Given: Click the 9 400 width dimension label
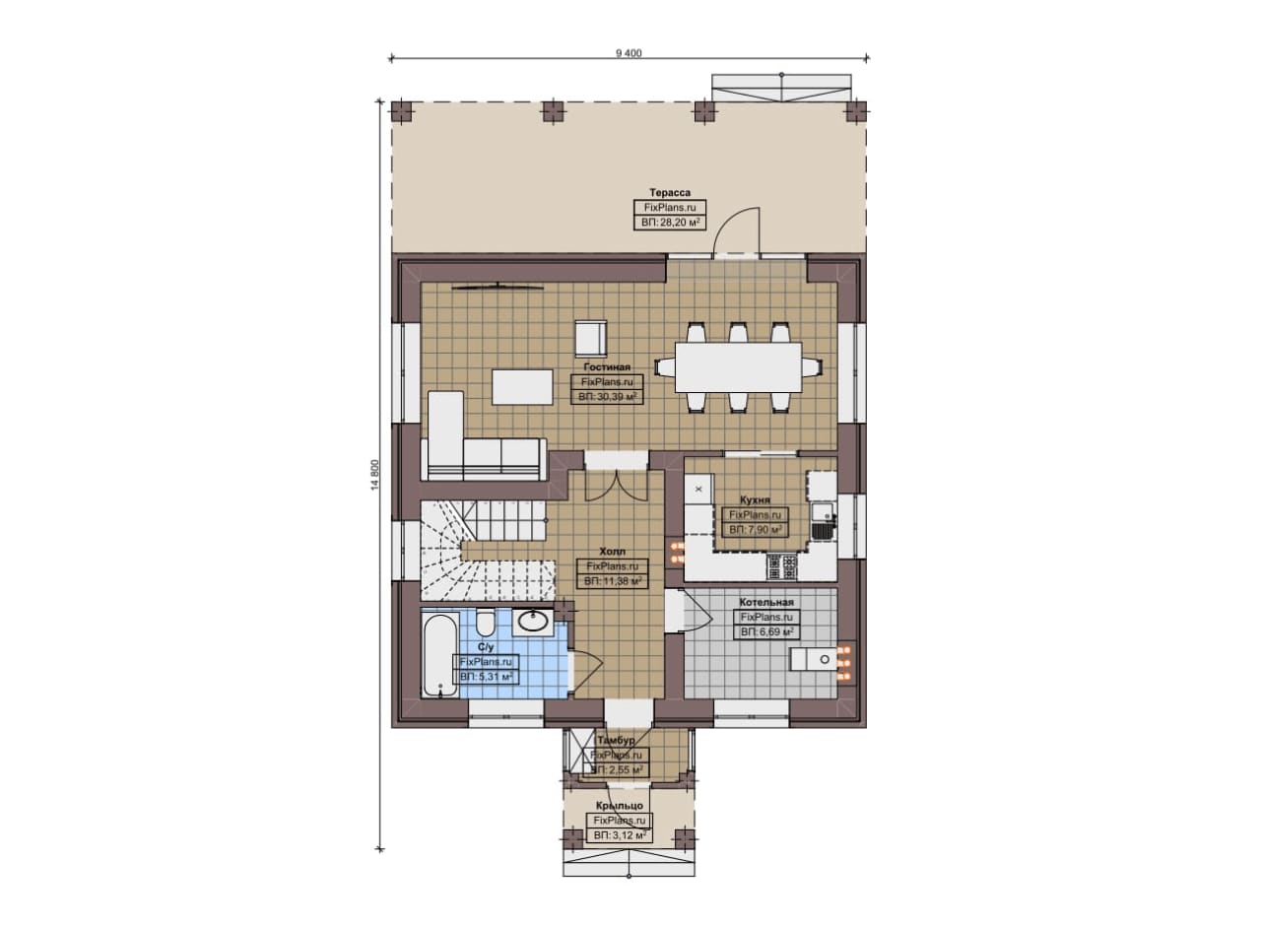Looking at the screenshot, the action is tap(629, 53).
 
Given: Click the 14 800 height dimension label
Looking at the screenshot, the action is tap(376, 475).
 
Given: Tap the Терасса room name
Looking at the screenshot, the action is tap(670, 192).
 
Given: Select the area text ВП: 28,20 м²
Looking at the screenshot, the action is tap(670, 223).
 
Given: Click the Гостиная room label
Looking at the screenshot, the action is tap(607, 367).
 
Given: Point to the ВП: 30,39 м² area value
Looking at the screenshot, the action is tap(608, 397).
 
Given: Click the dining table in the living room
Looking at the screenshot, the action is tap(739, 367).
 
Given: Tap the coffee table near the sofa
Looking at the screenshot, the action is tap(522, 387).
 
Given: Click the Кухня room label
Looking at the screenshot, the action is tap(755, 500).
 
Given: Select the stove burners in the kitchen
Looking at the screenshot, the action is tap(782, 567).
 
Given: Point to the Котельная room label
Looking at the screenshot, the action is tap(766, 603).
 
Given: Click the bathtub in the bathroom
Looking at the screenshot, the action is tap(440, 656).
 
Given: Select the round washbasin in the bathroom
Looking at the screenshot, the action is tap(533, 621).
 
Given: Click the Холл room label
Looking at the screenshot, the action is tap(613, 552).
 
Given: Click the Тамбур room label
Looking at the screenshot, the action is tap(616, 740).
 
